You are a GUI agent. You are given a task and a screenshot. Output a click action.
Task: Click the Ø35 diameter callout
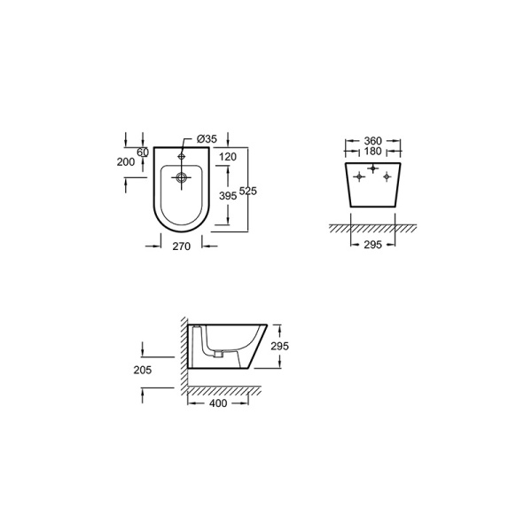tap(207, 139)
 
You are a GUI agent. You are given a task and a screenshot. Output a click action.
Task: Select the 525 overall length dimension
tap(248, 191)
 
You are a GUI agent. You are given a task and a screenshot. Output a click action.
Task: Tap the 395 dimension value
tap(228, 196)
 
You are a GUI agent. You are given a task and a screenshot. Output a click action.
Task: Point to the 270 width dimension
tap(182, 246)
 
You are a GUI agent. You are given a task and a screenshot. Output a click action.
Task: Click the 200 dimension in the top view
tap(126, 162)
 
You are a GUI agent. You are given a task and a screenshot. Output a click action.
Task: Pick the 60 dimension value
tap(143, 153)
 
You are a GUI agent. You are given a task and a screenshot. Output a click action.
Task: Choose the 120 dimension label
tap(228, 157)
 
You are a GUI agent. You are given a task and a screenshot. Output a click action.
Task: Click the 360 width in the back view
tap(373, 140)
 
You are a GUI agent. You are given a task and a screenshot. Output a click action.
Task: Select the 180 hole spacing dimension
tap(373, 151)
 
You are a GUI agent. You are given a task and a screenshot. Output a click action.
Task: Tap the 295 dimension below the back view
tap(373, 245)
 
